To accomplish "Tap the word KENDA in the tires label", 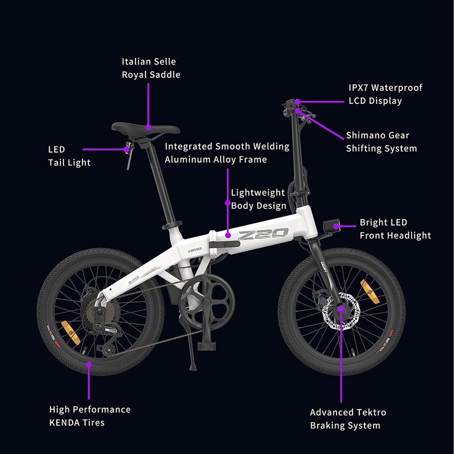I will pos(65,423).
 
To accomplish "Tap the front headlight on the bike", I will pos(331,226).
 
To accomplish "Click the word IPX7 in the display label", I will pos(358,88).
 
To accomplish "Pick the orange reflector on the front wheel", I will pos(370,292).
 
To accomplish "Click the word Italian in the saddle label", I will pos(136,62).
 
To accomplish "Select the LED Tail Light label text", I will pos(69,156).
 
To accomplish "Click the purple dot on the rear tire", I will pos(89,365).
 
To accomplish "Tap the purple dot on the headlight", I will pos(336,226).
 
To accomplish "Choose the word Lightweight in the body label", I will pos(258,193).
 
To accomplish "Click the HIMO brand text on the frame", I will pos(195,250).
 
